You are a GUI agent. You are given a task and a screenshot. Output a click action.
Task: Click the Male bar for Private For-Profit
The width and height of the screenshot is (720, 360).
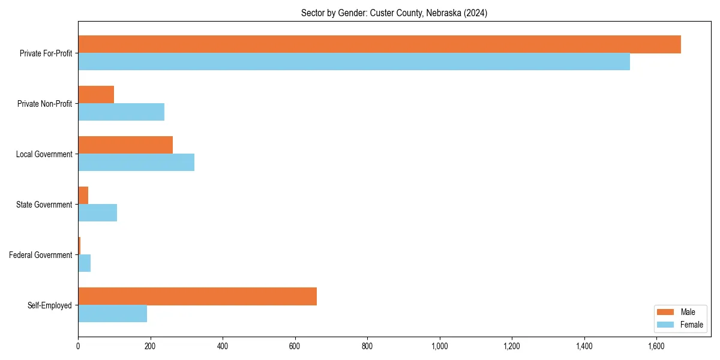(379, 44)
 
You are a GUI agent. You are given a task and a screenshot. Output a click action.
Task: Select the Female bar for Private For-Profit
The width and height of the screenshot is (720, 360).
(354, 62)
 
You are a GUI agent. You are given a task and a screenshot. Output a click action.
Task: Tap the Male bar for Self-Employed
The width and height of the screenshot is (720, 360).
(197, 296)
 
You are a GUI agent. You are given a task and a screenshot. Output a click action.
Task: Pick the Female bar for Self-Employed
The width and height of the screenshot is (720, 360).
(112, 314)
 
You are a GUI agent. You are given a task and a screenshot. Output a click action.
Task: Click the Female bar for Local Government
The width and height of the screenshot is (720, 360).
(136, 163)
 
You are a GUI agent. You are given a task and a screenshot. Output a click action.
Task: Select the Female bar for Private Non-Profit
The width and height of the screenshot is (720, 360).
(121, 112)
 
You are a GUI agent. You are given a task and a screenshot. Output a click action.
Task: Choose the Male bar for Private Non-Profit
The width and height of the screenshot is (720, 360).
(96, 95)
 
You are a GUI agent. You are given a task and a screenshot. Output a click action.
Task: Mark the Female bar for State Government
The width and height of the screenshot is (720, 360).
(97, 213)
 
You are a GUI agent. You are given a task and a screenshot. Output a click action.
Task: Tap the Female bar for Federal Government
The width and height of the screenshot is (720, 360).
(84, 263)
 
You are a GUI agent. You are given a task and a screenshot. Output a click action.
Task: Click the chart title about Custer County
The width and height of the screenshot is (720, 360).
(394, 13)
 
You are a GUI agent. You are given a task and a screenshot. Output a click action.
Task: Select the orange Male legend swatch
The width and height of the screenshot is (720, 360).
(665, 312)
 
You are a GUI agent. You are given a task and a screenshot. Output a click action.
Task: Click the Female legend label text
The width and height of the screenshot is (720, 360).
(691, 325)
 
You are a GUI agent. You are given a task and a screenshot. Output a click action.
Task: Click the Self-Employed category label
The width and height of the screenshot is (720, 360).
(50, 305)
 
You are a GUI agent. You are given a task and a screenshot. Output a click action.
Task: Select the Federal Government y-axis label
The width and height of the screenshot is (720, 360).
(41, 255)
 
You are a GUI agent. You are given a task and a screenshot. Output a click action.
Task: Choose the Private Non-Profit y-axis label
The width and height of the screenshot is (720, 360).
(45, 104)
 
